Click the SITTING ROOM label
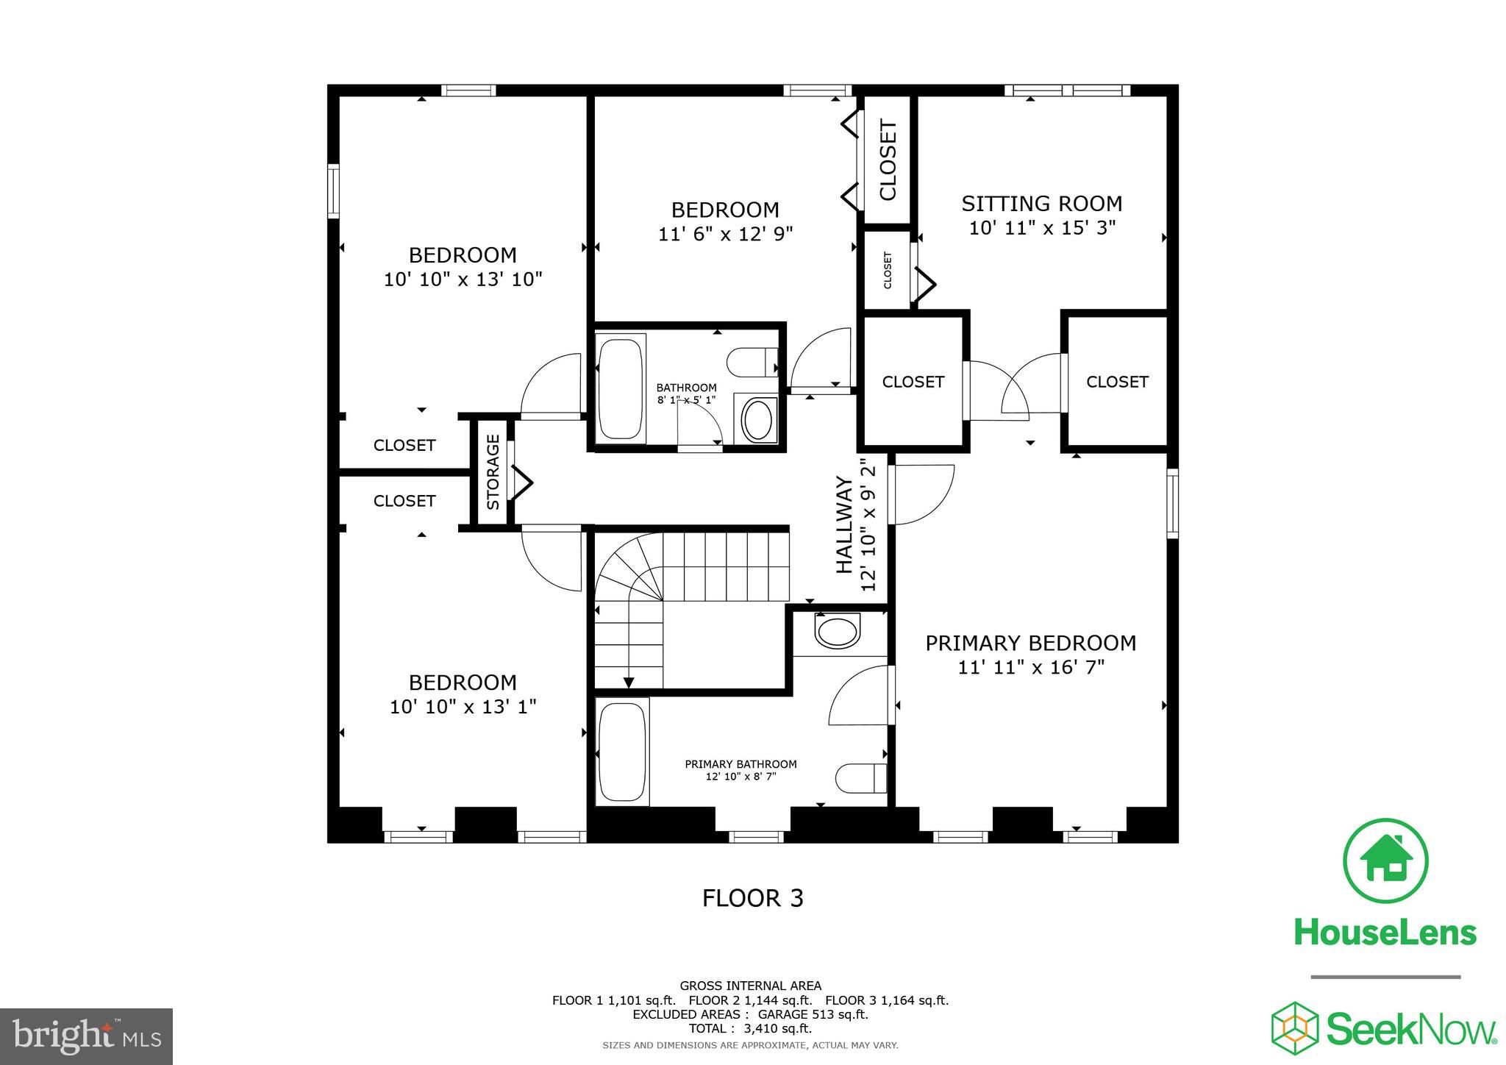pyautogui.click(x=1041, y=204)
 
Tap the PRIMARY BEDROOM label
pyautogui.click(x=1030, y=643)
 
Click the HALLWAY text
pyautogui.click(x=844, y=524)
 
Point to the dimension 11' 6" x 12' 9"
pyautogui.click(x=725, y=234)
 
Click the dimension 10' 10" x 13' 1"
pyautogui.click(x=463, y=707)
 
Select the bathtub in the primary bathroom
pyautogui.click(x=623, y=752)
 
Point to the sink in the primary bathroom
pyautogui.click(x=838, y=631)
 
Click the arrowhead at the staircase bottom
pyautogui.click(x=628, y=683)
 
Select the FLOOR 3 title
pyautogui.click(x=752, y=898)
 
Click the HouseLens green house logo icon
pyautogui.click(x=1385, y=860)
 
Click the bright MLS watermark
pyautogui.click(x=87, y=1036)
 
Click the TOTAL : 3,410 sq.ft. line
pyautogui.click(x=750, y=1029)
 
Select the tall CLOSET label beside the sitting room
pyautogui.click(x=888, y=160)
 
